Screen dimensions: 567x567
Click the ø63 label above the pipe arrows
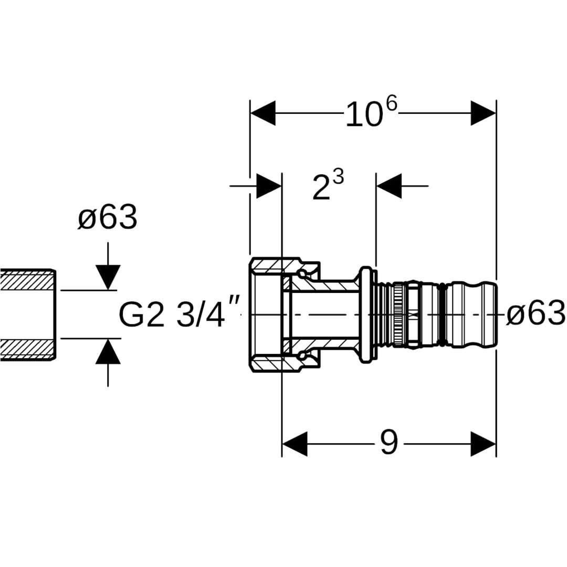(x=108, y=217)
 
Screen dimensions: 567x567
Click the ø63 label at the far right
(x=535, y=313)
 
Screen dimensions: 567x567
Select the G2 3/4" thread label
(x=179, y=314)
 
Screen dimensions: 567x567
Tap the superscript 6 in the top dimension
(x=391, y=104)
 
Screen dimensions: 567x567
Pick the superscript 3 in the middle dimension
(x=338, y=177)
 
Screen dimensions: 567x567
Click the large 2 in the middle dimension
(x=321, y=188)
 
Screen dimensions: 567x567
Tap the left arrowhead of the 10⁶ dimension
(x=263, y=113)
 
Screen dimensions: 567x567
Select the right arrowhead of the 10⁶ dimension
(x=483, y=113)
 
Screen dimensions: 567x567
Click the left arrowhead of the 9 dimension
(x=295, y=444)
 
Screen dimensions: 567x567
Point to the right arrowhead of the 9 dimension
(x=483, y=444)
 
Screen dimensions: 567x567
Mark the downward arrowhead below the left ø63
(x=108, y=277)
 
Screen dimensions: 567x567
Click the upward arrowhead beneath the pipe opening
(x=108, y=352)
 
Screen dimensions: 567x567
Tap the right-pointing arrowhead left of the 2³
(x=269, y=186)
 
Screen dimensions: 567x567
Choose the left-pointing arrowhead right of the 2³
(x=389, y=186)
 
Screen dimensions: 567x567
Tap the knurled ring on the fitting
(x=399, y=314)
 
